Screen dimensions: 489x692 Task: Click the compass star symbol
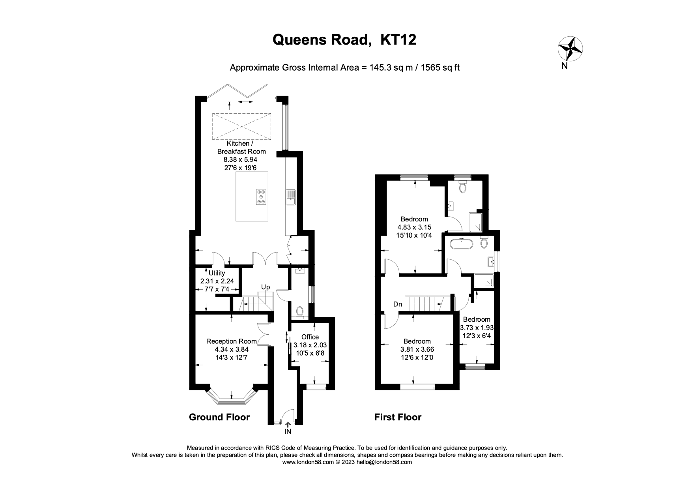[570, 49]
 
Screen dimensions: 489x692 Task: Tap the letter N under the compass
[565, 66]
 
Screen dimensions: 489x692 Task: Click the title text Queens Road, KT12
[344, 39]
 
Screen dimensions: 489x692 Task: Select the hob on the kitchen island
[261, 196]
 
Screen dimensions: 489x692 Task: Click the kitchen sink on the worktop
[291, 197]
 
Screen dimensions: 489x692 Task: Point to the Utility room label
[217, 273]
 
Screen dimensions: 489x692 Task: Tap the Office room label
[310, 337]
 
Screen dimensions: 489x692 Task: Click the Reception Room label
[231, 341]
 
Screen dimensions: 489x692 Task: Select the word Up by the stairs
[266, 287]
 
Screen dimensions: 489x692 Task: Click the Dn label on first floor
[398, 304]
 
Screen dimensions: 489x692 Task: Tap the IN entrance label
[288, 431]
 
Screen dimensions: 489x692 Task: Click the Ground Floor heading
[219, 417]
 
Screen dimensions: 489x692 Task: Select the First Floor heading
[398, 417]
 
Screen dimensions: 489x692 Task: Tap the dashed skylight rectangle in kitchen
[242, 126]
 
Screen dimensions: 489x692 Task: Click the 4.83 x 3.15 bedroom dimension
[414, 227]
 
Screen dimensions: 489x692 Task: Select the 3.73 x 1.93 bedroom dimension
[477, 328]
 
